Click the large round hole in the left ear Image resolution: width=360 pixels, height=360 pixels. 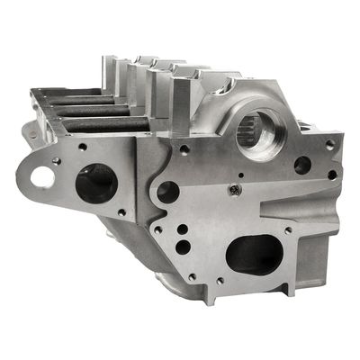pyautogui.click(x=42, y=177)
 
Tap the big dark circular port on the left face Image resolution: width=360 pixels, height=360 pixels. pyautogui.click(x=95, y=184)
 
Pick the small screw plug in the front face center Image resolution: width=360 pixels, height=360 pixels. pyautogui.click(x=234, y=189)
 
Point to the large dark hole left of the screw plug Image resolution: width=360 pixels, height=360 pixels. pyautogui.click(x=168, y=191)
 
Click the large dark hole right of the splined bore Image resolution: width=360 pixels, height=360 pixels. pyautogui.click(x=302, y=166)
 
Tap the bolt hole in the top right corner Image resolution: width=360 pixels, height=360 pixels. pyautogui.click(x=329, y=144)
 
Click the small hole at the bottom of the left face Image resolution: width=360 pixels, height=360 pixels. pyautogui.click(x=121, y=213)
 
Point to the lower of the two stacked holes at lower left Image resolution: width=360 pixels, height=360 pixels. pyautogui.click(x=184, y=246)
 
